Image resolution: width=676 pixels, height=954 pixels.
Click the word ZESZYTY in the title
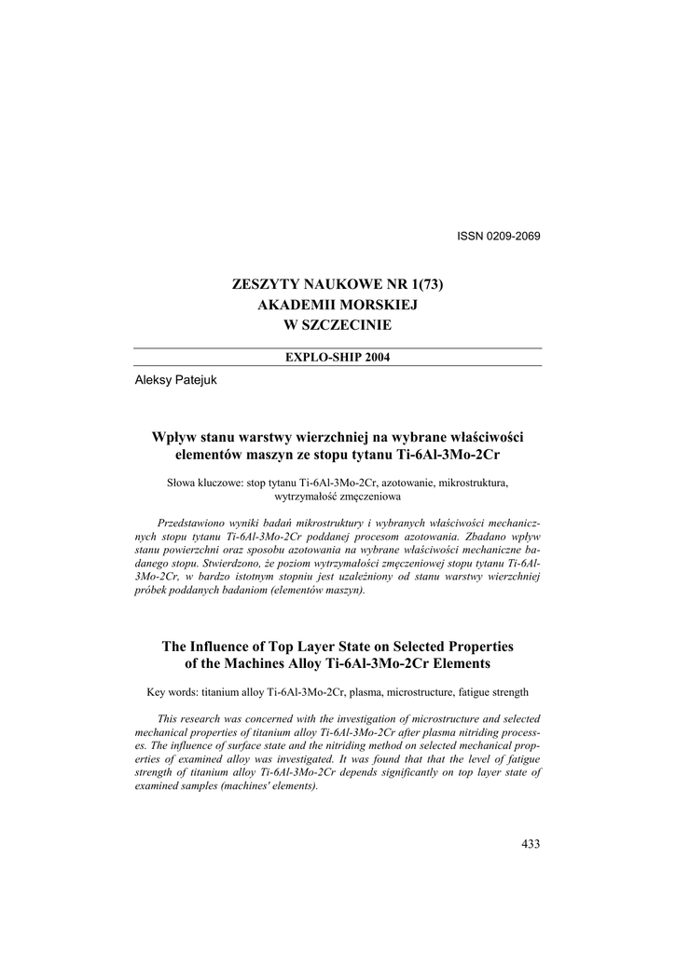260,284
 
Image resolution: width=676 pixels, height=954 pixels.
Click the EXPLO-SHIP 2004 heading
337,357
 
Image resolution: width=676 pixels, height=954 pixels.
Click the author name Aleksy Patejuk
177,379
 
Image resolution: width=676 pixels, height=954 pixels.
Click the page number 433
531,844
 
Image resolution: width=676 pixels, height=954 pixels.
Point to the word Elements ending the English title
462,663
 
